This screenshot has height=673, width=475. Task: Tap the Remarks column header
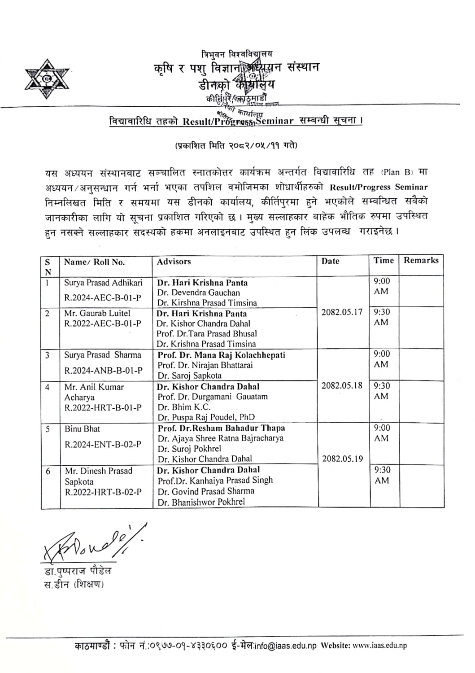421,260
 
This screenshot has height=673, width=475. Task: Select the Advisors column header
174,262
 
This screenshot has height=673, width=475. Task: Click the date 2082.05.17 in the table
342,312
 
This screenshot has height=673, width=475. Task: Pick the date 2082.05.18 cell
342,385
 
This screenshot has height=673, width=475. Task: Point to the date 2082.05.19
342,459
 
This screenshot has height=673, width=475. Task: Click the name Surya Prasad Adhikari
103,283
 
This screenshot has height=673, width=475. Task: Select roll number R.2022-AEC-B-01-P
103,323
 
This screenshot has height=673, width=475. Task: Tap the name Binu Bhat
82,429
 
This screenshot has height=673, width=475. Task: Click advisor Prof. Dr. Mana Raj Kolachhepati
221,355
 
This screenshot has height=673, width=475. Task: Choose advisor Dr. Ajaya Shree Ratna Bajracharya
220,438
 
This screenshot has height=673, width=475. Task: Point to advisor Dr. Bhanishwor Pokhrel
201,502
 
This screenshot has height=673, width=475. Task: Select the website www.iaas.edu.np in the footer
379,646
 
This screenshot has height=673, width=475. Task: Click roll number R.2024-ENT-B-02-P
103,445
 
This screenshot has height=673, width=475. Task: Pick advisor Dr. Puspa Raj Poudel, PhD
206,417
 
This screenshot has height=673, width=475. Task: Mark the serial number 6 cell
48,471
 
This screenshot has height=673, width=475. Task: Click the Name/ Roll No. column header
94,262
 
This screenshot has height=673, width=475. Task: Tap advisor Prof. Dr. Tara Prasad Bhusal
206,334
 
